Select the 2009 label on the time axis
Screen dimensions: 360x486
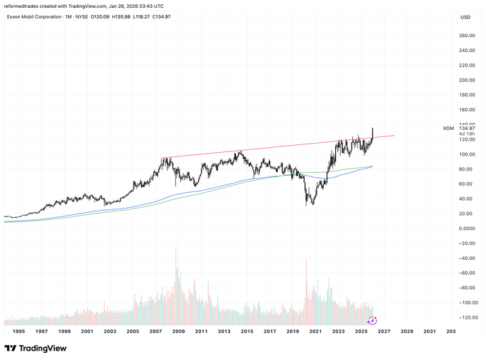178,331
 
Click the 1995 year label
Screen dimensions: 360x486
18,331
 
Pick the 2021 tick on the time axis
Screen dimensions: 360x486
315,331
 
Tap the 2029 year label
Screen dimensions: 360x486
407,331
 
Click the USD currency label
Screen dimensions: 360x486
465,17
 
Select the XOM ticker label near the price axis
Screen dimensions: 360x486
449,128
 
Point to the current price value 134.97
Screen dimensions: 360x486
467,128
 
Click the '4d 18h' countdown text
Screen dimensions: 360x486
467,134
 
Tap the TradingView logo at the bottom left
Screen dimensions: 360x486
36,349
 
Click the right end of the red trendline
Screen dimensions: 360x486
394,136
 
